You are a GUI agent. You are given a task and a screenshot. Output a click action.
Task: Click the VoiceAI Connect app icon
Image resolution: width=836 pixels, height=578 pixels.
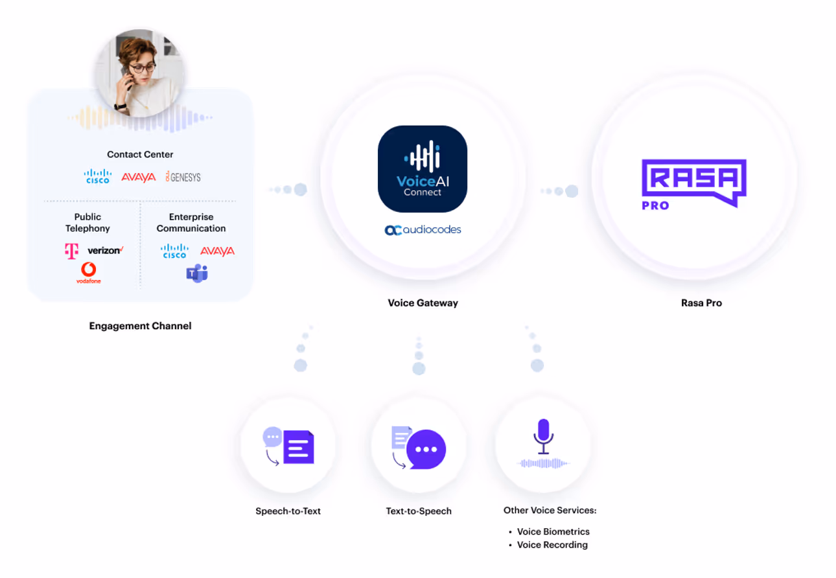(x=422, y=168)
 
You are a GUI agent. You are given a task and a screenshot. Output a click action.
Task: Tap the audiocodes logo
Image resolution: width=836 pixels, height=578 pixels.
(x=423, y=229)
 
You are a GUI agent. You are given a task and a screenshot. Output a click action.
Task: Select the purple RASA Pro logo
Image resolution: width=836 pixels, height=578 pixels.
(x=693, y=183)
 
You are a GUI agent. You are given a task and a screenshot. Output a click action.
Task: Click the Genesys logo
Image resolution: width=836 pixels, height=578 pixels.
(x=183, y=176)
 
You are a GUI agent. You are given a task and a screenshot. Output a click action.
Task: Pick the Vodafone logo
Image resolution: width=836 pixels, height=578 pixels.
(x=89, y=272)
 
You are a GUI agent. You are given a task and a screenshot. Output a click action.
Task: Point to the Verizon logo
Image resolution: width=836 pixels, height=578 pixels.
(x=105, y=250)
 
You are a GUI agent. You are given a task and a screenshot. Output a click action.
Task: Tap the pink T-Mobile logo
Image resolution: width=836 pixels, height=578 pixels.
(x=71, y=251)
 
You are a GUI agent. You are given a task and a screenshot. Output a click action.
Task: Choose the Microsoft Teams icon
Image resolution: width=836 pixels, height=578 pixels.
(x=197, y=273)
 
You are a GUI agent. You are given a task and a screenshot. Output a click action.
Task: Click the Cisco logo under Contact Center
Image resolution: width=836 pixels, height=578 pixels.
(x=97, y=176)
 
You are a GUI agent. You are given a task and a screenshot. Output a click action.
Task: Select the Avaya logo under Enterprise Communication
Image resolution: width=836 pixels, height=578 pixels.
(x=217, y=251)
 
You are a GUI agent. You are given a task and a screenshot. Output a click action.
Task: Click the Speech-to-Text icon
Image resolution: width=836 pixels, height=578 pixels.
(x=288, y=446)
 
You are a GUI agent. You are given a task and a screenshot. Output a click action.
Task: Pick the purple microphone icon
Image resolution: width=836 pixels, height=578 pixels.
(x=543, y=436)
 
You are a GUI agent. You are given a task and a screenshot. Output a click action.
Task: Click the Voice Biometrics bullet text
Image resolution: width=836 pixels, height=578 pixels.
(x=553, y=531)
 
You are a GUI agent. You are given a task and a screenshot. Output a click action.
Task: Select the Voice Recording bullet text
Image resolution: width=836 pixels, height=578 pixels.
(x=552, y=545)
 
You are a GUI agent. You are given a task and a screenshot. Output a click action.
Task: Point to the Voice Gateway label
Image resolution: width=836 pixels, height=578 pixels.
(x=423, y=303)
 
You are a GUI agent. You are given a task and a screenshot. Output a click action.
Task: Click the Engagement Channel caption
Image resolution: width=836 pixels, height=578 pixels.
(x=140, y=326)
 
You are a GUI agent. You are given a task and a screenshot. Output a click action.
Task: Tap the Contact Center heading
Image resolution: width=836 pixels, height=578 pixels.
(x=140, y=154)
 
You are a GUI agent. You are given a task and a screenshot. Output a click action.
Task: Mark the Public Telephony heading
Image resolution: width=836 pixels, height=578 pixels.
(x=87, y=222)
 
